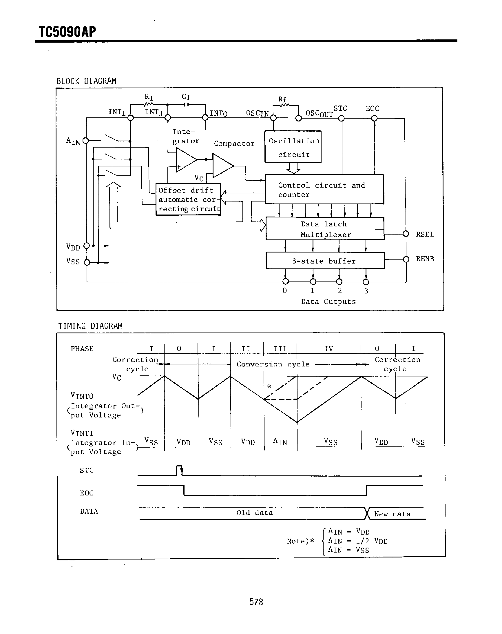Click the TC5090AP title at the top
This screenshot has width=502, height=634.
(x=67, y=32)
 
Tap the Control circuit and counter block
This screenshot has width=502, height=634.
(x=324, y=189)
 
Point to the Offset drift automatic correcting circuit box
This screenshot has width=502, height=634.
(x=188, y=200)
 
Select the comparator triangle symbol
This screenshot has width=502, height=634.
(x=222, y=166)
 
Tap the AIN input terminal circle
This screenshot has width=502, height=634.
(x=86, y=141)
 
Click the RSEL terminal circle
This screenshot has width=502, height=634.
(x=406, y=234)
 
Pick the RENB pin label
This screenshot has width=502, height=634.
(x=425, y=259)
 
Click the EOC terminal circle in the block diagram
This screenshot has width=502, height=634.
(x=374, y=118)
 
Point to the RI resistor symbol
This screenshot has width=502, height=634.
(x=149, y=104)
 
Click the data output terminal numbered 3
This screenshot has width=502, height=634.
(x=366, y=282)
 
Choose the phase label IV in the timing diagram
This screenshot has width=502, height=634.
(x=328, y=349)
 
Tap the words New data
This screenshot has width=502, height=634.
(x=393, y=514)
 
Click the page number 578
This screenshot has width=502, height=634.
(x=256, y=602)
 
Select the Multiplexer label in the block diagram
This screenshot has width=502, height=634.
(x=325, y=235)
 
